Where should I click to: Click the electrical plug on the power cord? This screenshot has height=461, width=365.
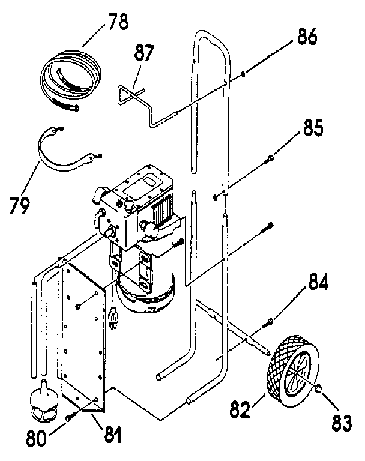[113, 316]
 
